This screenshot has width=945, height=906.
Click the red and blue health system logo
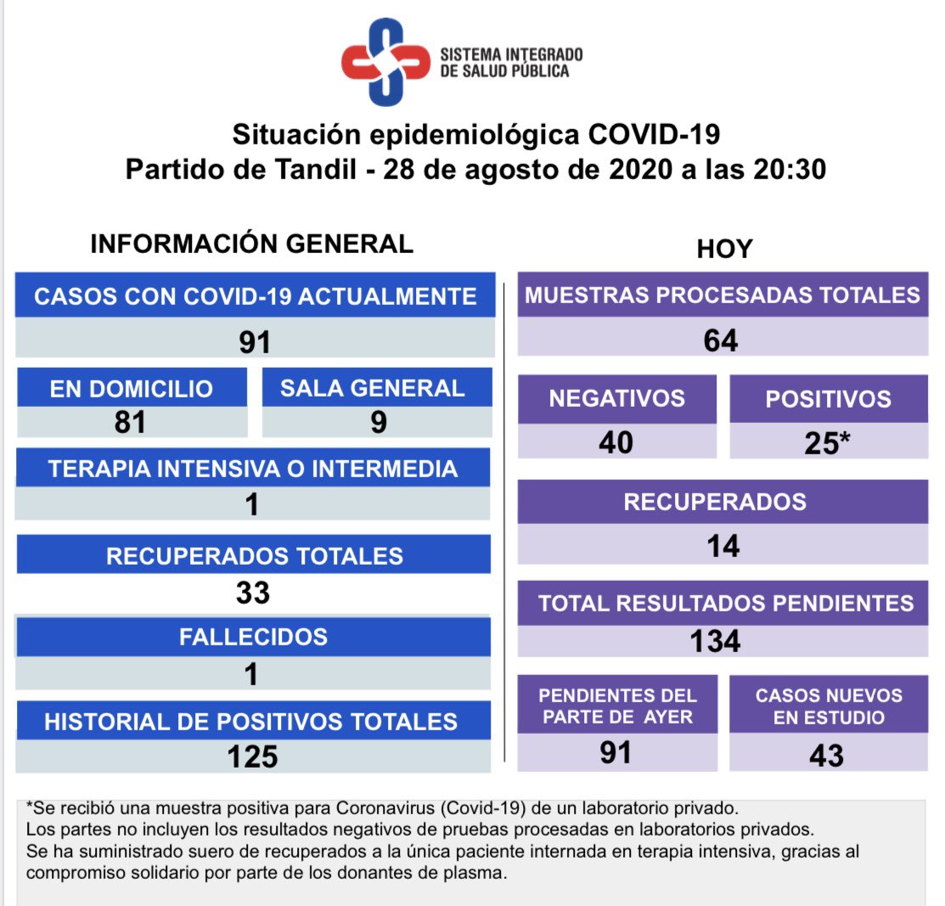385,62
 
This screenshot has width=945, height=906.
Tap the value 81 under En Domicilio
130,422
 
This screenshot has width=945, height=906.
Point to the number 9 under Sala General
379,422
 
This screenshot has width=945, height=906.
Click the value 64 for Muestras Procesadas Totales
721,340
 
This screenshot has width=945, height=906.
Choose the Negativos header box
617,398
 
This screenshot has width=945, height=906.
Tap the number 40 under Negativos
616,442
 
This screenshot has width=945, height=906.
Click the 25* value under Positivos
827,443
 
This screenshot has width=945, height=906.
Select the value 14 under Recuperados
723,546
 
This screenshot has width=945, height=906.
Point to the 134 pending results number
716,641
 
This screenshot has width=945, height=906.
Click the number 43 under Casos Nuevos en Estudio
827,756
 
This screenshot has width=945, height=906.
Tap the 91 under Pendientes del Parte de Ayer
616,753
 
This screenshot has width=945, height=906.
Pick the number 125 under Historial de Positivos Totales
252,757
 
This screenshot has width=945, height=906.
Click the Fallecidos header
254,637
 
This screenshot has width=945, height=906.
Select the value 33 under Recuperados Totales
253,593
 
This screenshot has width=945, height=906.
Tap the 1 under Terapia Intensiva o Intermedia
252,504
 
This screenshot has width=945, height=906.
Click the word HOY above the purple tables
725,249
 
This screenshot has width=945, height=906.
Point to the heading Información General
252,244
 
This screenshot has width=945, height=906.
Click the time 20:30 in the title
790,169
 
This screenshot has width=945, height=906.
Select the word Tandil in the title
316,169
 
